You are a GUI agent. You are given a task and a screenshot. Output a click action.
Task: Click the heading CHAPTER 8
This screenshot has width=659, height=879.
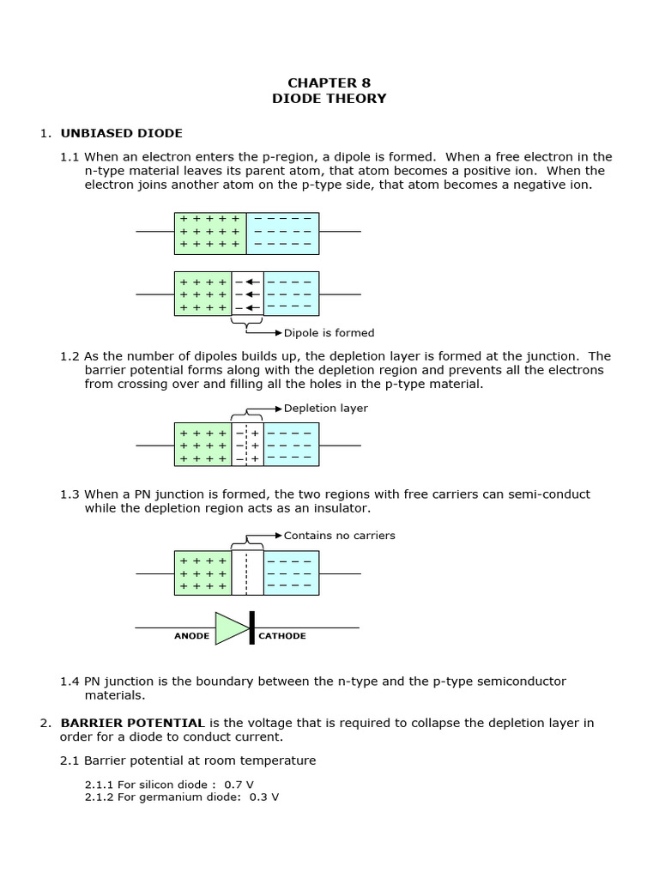[x=329, y=83]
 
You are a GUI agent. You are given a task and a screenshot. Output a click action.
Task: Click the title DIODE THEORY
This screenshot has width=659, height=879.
[x=329, y=99]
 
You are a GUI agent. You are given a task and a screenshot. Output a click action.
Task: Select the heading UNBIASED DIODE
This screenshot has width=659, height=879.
[x=121, y=133]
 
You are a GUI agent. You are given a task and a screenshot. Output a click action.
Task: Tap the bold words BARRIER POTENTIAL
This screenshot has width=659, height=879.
[x=132, y=723]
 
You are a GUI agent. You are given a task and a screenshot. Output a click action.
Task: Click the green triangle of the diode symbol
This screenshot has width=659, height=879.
[x=231, y=627]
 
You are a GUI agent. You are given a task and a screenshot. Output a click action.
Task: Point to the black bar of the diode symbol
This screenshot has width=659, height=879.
[x=251, y=627]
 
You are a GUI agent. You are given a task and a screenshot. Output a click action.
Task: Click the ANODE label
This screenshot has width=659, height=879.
[x=192, y=637]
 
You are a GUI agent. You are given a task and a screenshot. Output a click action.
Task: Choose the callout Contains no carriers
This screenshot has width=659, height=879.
[x=339, y=536]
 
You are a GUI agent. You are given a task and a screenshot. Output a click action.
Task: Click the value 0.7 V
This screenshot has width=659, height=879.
[x=239, y=785]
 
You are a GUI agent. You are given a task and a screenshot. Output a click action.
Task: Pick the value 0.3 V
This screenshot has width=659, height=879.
[x=263, y=797]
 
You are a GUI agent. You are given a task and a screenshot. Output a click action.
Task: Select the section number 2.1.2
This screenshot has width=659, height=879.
[x=100, y=797]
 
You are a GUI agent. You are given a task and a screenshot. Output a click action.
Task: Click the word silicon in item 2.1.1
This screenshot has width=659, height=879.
[x=153, y=785]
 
